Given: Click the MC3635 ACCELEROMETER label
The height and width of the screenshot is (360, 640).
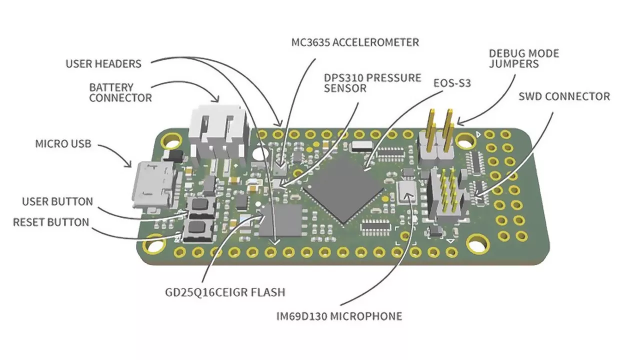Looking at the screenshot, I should pos(355,42).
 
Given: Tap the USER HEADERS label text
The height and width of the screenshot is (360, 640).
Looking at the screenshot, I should pos(103,64).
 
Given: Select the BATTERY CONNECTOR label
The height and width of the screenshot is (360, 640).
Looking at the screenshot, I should pos(120,92).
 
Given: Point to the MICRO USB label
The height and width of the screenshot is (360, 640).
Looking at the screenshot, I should pos(63,144).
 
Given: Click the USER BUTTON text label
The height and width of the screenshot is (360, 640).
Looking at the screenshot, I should pos(57,201).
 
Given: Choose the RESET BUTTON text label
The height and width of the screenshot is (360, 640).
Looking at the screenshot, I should pos(51,222).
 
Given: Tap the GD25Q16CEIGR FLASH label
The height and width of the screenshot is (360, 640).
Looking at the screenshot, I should pos(225,291).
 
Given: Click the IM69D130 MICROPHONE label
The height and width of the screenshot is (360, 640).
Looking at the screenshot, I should pos(339,316).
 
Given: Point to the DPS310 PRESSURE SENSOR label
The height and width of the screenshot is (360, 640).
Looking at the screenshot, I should pos(372,83).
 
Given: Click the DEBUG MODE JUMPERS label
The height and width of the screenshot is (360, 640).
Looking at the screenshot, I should pos(523,58).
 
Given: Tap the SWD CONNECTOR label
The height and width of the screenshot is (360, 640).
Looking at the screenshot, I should pos(564,96).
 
